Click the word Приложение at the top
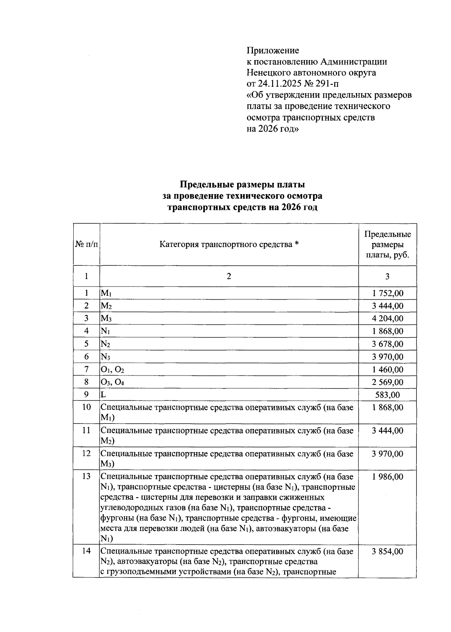272,50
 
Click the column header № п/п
86,244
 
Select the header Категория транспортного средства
229,244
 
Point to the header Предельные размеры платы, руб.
387,244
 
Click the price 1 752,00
387,293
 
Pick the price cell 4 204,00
387,318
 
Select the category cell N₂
105,344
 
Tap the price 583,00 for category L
387,395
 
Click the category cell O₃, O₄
112,382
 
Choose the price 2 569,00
387,382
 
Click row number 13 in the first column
86,477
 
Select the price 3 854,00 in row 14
387,552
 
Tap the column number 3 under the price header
387,276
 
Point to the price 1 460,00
387,370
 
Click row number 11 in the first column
86,430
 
